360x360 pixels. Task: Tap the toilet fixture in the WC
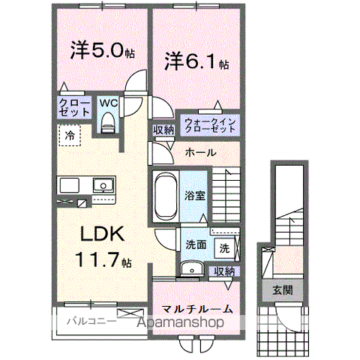pyautogui.click(x=106, y=121)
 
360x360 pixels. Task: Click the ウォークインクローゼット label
pyautogui.click(x=211, y=124)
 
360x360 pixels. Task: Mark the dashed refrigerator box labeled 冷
pyautogui.click(x=70, y=137)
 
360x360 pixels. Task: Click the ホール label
pyautogui.click(x=200, y=152)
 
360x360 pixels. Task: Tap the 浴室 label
pyautogui.click(x=195, y=196)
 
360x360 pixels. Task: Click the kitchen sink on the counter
pyautogui.click(x=100, y=186)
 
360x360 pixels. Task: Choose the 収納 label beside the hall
pyautogui.click(x=163, y=130)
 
